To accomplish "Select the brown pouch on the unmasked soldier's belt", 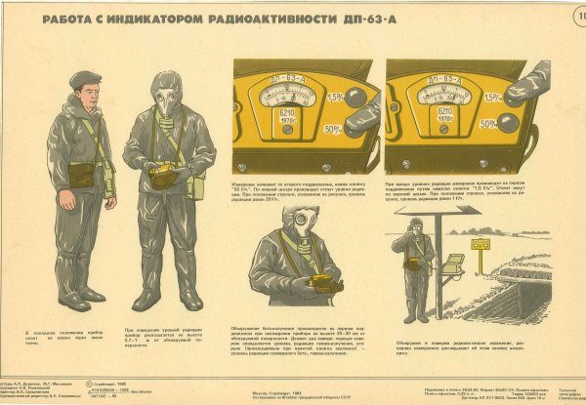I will (x=82, y=175).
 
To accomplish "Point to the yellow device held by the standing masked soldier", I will (x=163, y=175).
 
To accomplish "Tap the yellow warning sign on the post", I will (x=480, y=243).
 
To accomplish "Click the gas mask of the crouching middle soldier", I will (x=292, y=234).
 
